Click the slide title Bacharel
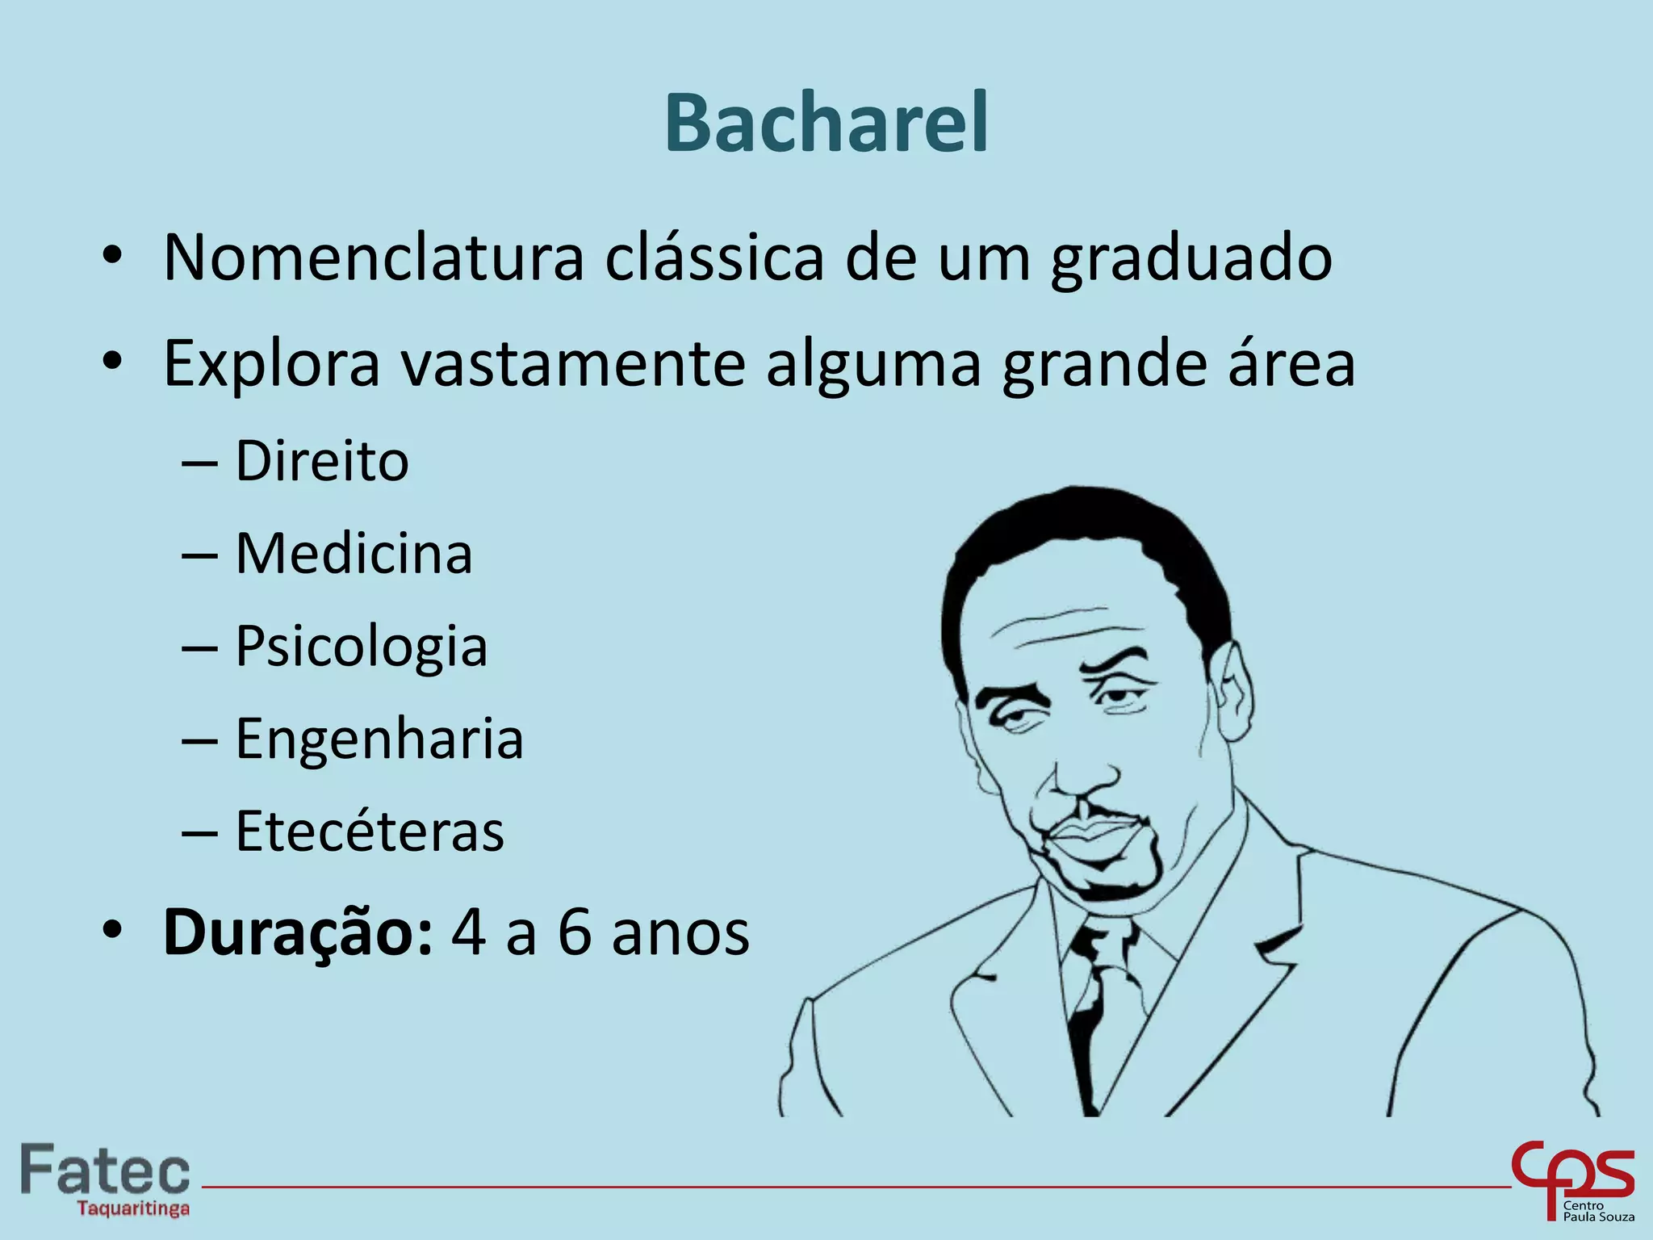click(x=826, y=123)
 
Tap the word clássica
click(x=714, y=258)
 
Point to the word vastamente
click(x=573, y=363)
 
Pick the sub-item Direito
click(x=321, y=461)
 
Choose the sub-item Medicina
click(x=354, y=554)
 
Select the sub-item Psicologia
click(x=361, y=647)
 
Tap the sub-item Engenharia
click(x=379, y=739)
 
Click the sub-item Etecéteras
click(x=370, y=832)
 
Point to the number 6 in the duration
click(x=575, y=932)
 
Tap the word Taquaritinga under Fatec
click(x=133, y=1209)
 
